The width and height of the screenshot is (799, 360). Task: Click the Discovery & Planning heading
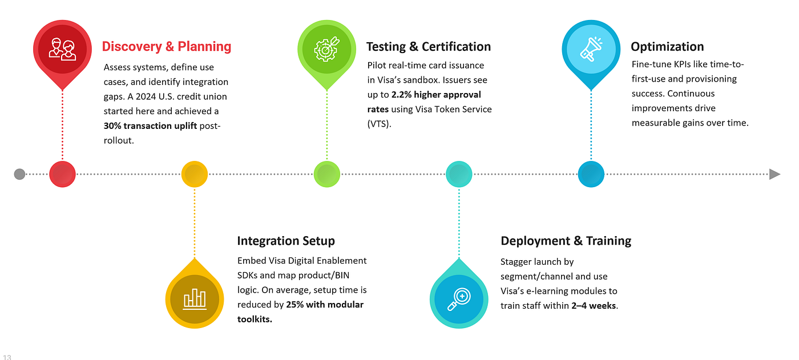coord(167,47)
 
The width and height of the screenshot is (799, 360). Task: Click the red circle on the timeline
coord(62,174)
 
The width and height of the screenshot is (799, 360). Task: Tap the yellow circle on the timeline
coord(195,174)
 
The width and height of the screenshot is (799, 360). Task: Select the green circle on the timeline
coord(326,174)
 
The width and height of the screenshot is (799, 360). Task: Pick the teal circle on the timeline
coord(459,174)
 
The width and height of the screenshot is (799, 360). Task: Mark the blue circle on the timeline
coord(591,174)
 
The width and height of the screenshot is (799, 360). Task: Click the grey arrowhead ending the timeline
coord(774,175)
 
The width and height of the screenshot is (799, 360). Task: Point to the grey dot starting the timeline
coord(19,175)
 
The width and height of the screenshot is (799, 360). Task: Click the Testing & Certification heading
coord(429,47)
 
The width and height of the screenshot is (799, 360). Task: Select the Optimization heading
coord(667,47)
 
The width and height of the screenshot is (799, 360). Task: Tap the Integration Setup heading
coord(286,241)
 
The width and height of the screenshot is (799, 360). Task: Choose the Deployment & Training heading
coord(566,241)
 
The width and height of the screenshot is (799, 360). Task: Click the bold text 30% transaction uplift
coord(150,126)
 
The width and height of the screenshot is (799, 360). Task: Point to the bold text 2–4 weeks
coord(594,306)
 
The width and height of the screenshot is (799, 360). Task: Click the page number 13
coord(7,357)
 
